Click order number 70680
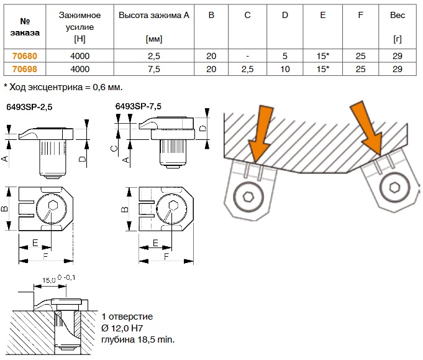coord(25,56)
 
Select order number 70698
coord(25,69)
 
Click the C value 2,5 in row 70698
coord(247,69)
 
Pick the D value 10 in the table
coord(285,69)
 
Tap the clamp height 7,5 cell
coord(154,69)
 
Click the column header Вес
coord(398,15)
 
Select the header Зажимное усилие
coord(80,21)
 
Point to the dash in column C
coord(247,56)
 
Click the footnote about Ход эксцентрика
coord(63,87)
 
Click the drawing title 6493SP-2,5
coord(29,107)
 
